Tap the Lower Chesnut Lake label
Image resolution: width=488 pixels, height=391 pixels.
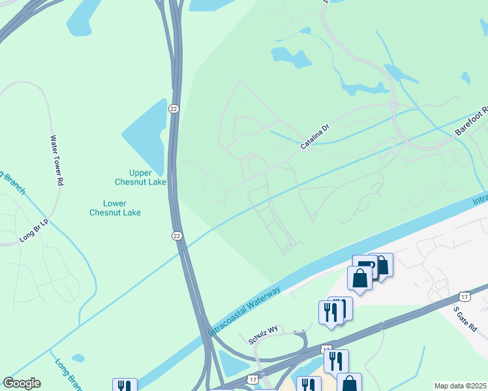tap(115, 208)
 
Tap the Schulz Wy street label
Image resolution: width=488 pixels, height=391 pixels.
tap(263, 335)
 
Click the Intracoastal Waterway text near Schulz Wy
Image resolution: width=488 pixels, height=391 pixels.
tap(246, 311)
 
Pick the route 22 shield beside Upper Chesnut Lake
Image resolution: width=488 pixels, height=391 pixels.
tap(173, 108)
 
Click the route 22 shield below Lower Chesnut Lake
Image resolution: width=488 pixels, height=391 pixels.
tap(177, 235)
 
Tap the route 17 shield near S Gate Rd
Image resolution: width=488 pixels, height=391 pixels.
tap(464, 297)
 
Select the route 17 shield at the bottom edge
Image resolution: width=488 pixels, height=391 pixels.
tap(252, 379)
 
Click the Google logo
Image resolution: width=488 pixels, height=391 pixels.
tap(22, 383)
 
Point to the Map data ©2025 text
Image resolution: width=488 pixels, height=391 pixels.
tap(460, 386)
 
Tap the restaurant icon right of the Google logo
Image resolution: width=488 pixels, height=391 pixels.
tap(125, 386)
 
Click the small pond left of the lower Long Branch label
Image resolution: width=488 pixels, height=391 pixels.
tap(78, 358)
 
